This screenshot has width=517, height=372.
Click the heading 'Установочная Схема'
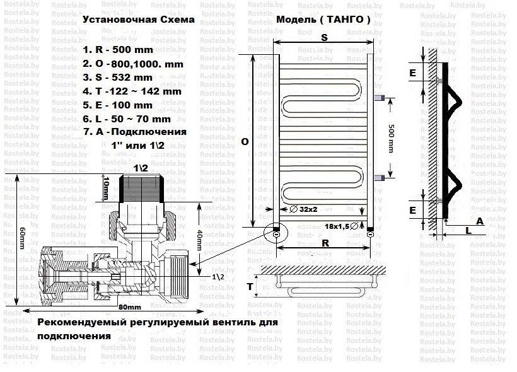tap(138, 20)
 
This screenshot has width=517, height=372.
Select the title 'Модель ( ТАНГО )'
tap(323, 20)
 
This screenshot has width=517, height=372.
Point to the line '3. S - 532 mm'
tap(117, 78)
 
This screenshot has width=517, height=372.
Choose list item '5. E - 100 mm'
tap(117, 105)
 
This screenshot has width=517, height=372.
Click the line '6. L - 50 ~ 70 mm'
tap(126, 119)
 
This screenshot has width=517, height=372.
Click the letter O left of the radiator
tap(245, 142)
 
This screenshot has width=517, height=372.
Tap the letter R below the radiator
tap(324, 241)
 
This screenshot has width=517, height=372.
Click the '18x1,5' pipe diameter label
tap(338, 225)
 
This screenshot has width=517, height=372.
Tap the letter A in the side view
tap(480, 221)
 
